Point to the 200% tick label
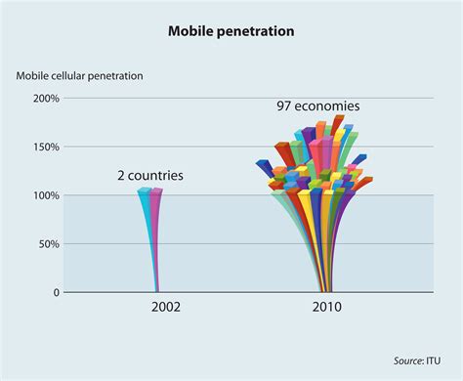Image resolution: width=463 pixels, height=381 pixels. point(46,99)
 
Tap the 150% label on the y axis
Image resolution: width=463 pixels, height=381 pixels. point(46,147)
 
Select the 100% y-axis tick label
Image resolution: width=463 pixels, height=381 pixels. point(46,195)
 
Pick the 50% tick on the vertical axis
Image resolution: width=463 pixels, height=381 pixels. point(49,243)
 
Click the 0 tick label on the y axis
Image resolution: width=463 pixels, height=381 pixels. point(55,292)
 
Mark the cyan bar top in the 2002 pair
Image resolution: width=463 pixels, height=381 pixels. point(145,191)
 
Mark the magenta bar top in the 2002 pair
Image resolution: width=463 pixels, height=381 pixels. point(156,191)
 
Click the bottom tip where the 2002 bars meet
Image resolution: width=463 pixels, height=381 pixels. point(157,290)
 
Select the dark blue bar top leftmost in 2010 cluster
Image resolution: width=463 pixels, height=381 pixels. point(264,165)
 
